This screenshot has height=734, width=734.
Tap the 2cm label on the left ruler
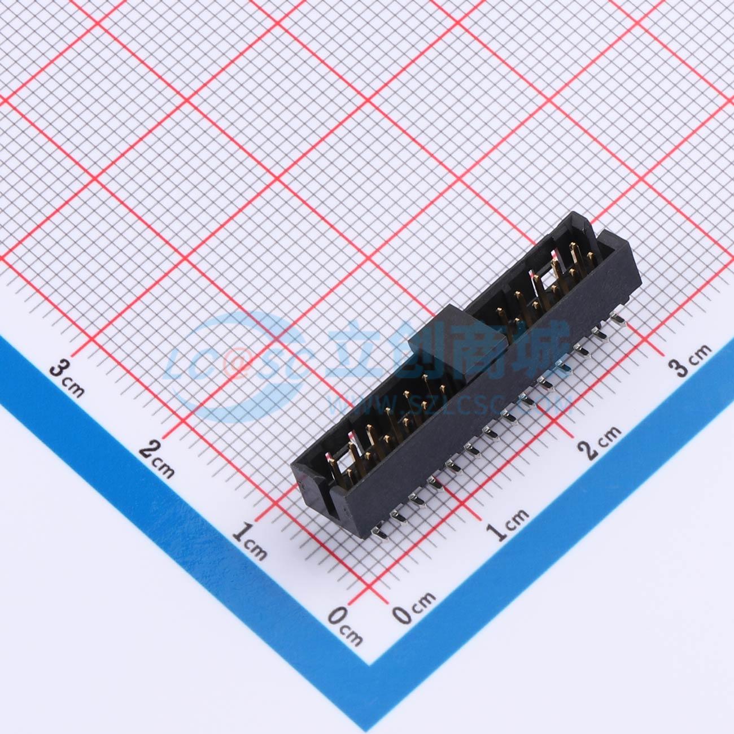tap(156, 458)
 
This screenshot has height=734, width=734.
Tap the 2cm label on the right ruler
tap(599, 443)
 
